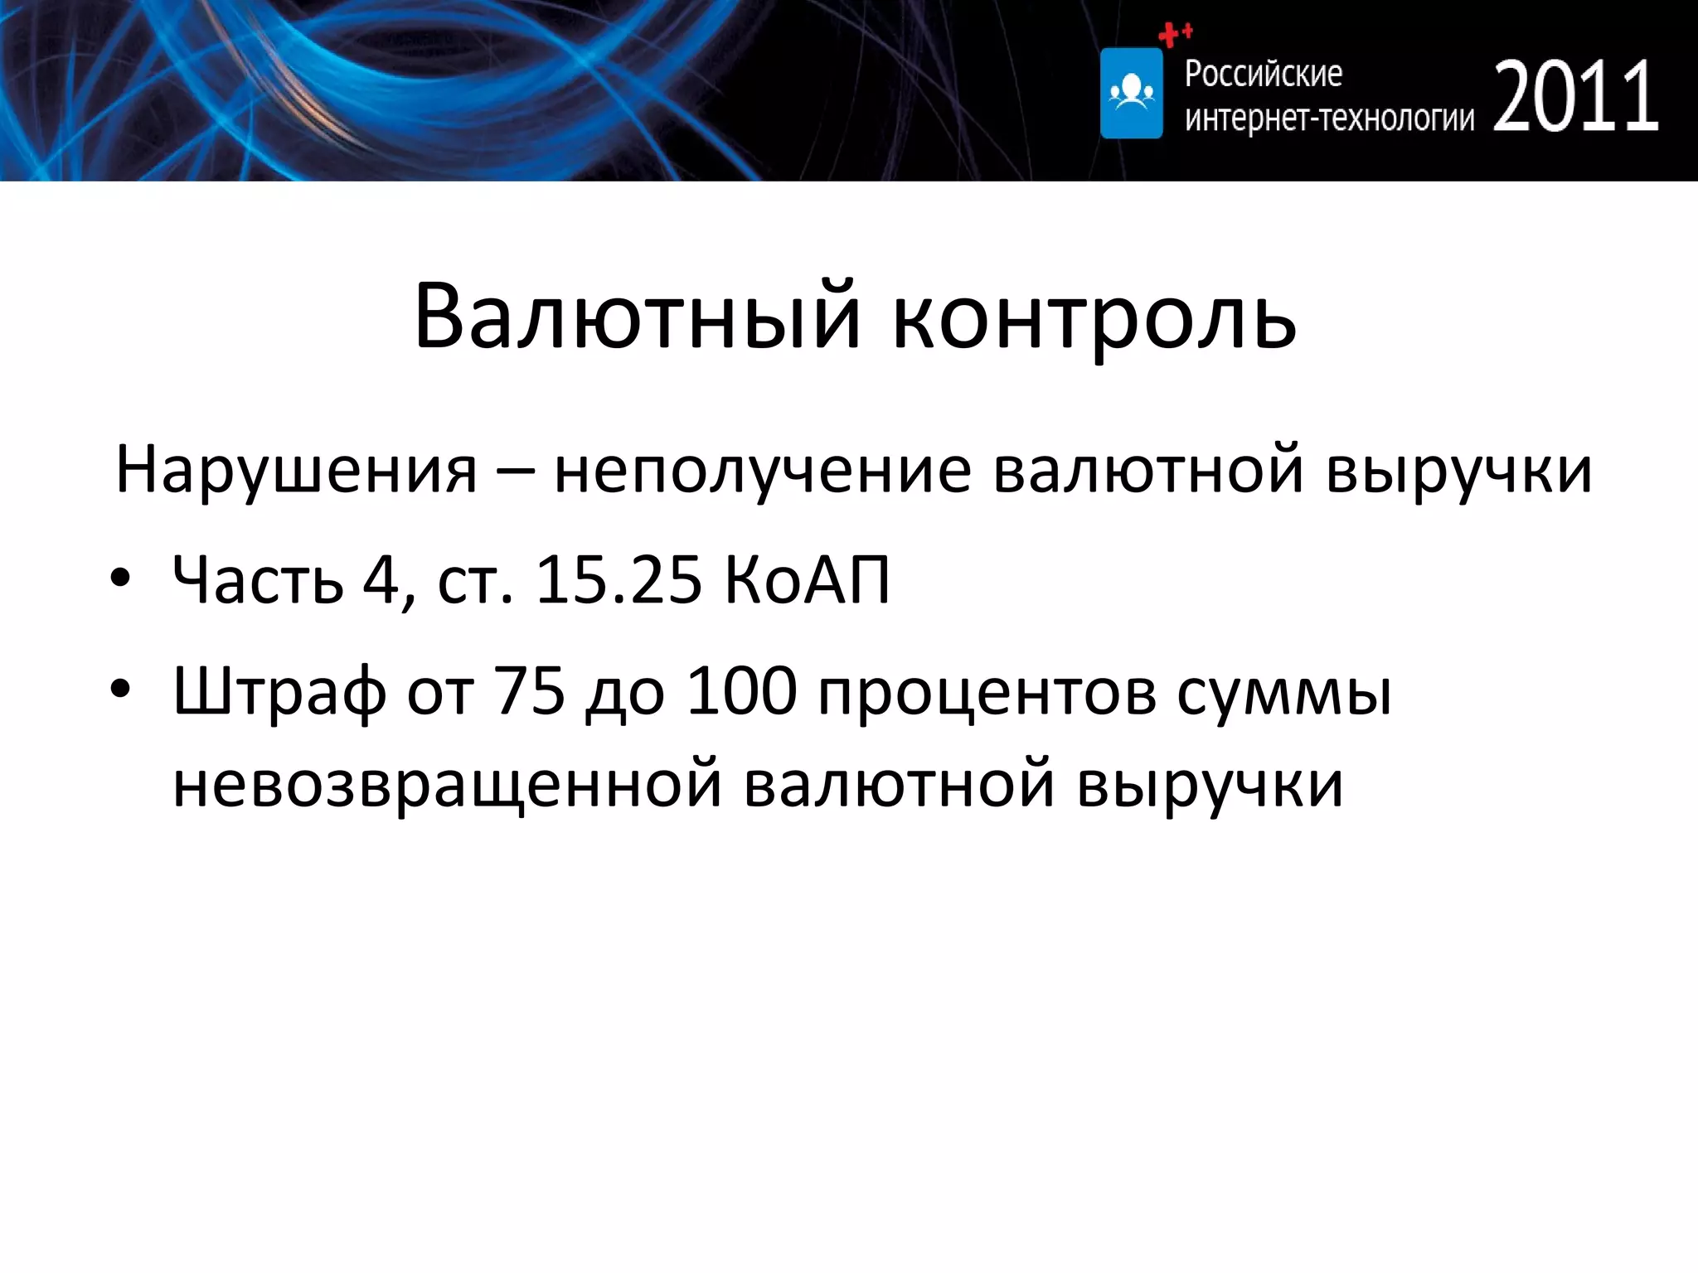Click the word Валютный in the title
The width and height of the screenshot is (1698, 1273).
click(638, 316)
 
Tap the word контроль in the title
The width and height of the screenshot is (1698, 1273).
click(1094, 319)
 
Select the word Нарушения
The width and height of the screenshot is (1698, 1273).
click(296, 471)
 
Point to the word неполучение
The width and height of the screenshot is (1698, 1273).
click(762, 471)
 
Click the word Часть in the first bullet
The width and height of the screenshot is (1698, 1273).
click(258, 579)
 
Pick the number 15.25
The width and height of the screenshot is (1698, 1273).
click(619, 579)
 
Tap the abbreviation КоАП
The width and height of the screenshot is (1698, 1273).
click(807, 579)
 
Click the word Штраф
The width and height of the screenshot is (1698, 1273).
click(279, 693)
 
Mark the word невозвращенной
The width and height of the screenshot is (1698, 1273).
click(447, 783)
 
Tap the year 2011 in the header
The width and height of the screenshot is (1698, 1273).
click(1575, 97)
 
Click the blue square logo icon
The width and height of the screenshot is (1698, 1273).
click(1131, 93)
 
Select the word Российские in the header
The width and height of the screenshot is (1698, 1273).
click(1263, 74)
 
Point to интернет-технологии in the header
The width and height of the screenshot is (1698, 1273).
click(1329, 119)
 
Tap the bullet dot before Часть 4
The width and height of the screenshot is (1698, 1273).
click(121, 578)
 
